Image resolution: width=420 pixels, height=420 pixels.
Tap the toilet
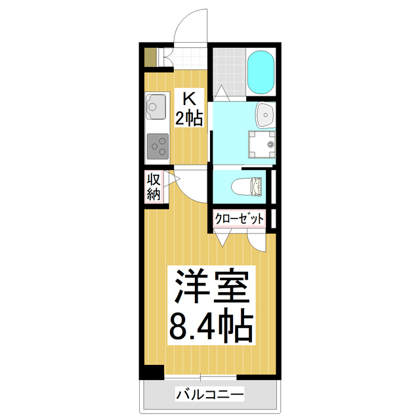(250, 186)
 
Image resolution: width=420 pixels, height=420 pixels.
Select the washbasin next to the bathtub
(265, 115)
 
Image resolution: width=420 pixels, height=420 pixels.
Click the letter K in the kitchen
(189, 99)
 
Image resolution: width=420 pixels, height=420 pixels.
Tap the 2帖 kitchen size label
(189, 118)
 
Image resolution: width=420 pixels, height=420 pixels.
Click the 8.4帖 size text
(211, 326)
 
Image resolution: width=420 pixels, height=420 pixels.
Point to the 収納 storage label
(154, 186)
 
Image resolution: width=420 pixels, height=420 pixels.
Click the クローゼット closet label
(239, 219)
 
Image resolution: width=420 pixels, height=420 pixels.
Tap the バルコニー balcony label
(209, 395)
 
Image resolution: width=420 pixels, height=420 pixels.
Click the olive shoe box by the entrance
(150, 57)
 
